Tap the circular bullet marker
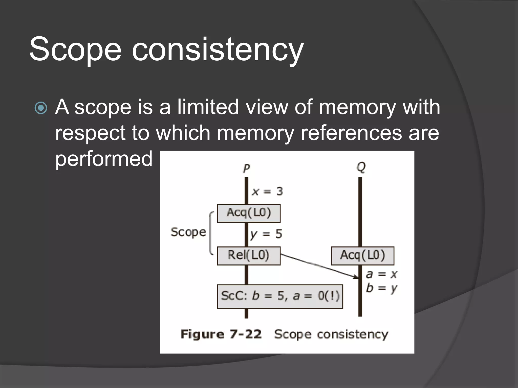[41, 108]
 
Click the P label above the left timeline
[246, 168]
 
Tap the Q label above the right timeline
[361, 167]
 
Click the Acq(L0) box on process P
[249, 213]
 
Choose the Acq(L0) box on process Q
[362, 256]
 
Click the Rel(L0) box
[249, 256]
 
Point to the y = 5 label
[266, 234]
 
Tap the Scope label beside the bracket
[188, 232]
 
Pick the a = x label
[382, 274]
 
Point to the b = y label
[382, 288]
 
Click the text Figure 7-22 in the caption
[221, 334]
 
